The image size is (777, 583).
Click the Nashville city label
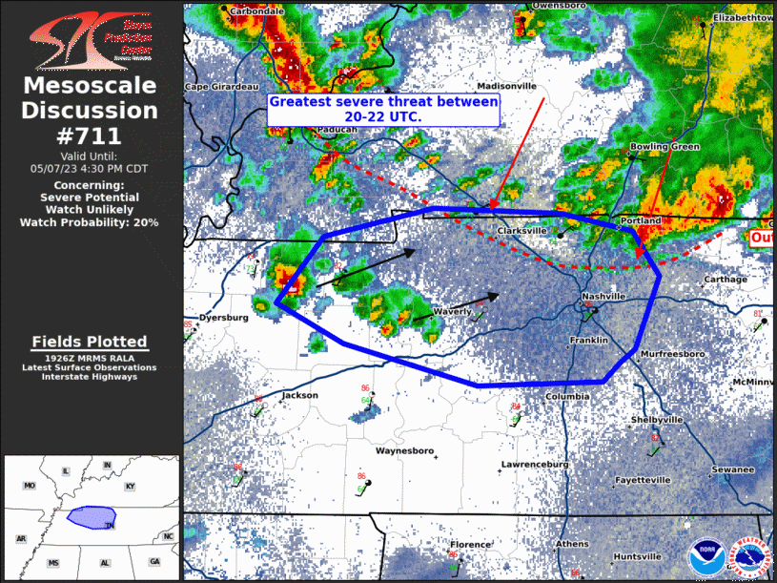pyautogui.click(x=604, y=297)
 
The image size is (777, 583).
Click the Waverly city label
pyautogui.click(x=452, y=312)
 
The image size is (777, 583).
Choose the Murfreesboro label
pyautogui.click(x=672, y=354)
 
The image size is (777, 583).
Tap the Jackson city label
pyautogui.click(x=300, y=395)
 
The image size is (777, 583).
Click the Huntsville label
pyautogui.click(x=638, y=556)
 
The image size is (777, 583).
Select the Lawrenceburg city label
pyautogui.click(x=535, y=465)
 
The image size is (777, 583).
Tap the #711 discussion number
pyautogui.click(x=90, y=135)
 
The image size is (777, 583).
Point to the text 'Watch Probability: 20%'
pyautogui.click(x=90, y=222)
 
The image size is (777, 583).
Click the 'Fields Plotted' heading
pyautogui.click(x=90, y=342)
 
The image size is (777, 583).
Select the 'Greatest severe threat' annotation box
pyautogui.click(x=383, y=109)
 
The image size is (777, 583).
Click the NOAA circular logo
pyautogui.click(x=705, y=557)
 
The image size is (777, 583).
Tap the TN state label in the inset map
pyautogui.click(x=110, y=525)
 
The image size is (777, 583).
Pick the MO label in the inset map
pyautogui.click(x=30, y=486)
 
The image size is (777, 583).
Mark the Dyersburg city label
pyautogui.click(x=224, y=317)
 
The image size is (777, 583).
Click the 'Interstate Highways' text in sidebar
pyautogui.click(x=90, y=377)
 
